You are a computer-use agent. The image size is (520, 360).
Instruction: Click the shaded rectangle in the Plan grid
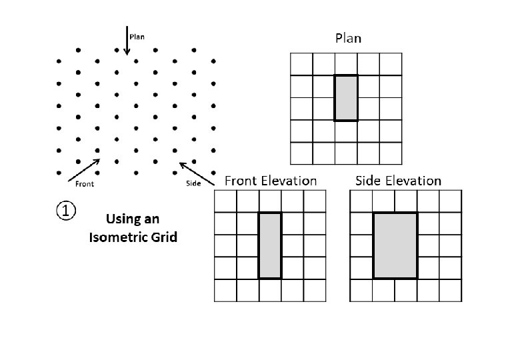tap(345, 98)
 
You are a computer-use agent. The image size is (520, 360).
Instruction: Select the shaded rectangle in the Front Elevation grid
tap(270, 245)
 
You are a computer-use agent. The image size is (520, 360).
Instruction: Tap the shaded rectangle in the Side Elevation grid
tap(395, 245)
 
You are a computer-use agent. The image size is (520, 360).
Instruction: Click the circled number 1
tap(66, 211)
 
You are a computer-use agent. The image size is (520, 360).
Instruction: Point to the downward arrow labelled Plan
tap(127, 41)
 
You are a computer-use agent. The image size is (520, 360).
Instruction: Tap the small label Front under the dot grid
tap(84, 184)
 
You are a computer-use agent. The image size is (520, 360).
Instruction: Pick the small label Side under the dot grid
tap(192, 184)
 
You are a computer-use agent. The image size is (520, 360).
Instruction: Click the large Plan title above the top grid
tap(347, 39)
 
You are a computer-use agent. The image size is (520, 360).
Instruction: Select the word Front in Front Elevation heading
tap(243, 181)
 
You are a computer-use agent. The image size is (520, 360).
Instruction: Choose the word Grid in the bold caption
tap(163, 237)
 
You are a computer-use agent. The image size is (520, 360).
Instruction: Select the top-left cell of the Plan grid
tap(302, 65)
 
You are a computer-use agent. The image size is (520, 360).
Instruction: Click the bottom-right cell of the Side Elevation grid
tap(450, 291)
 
